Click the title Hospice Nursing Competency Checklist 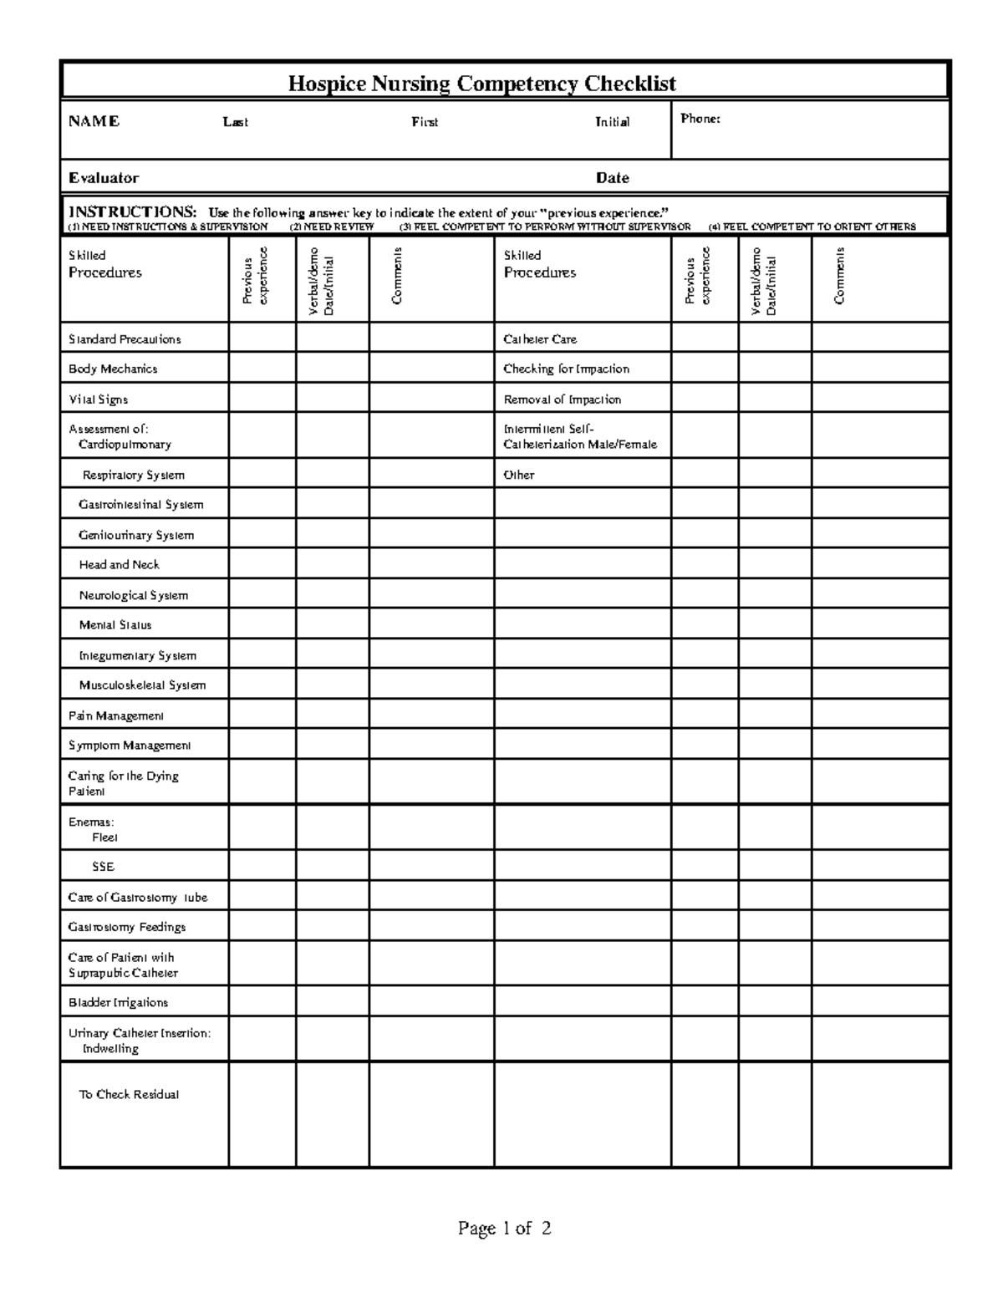pyautogui.click(x=481, y=84)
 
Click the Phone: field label pyautogui.click(x=700, y=119)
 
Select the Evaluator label pyautogui.click(x=104, y=178)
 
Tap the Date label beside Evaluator pyautogui.click(x=612, y=178)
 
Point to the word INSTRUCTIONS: pyautogui.click(x=132, y=211)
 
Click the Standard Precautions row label pyautogui.click(x=125, y=339)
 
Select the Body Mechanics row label pyautogui.click(x=113, y=369)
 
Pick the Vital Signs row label pyautogui.click(x=98, y=400)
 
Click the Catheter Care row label pyautogui.click(x=539, y=339)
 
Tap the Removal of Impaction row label pyautogui.click(x=562, y=400)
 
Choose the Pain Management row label pyautogui.click(x=115, y=715)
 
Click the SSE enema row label pyautogui.click(x=103, y=867)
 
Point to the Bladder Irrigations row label pyautogui.click(x=118, y=1002)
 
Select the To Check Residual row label pyautogui.click(x=129, y=1094)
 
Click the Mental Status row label pyautogui.click(x=115, y=625)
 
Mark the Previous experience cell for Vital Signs pyautogui.click(x=262, y=398)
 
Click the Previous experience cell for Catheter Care pyautogui.click(x=705, y=338)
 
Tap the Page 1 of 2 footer pyautogui.click(x=504, y=1229)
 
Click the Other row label pyautogui.click(x=518, y=475)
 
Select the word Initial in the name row pyautogui.click(x=612, y=122)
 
